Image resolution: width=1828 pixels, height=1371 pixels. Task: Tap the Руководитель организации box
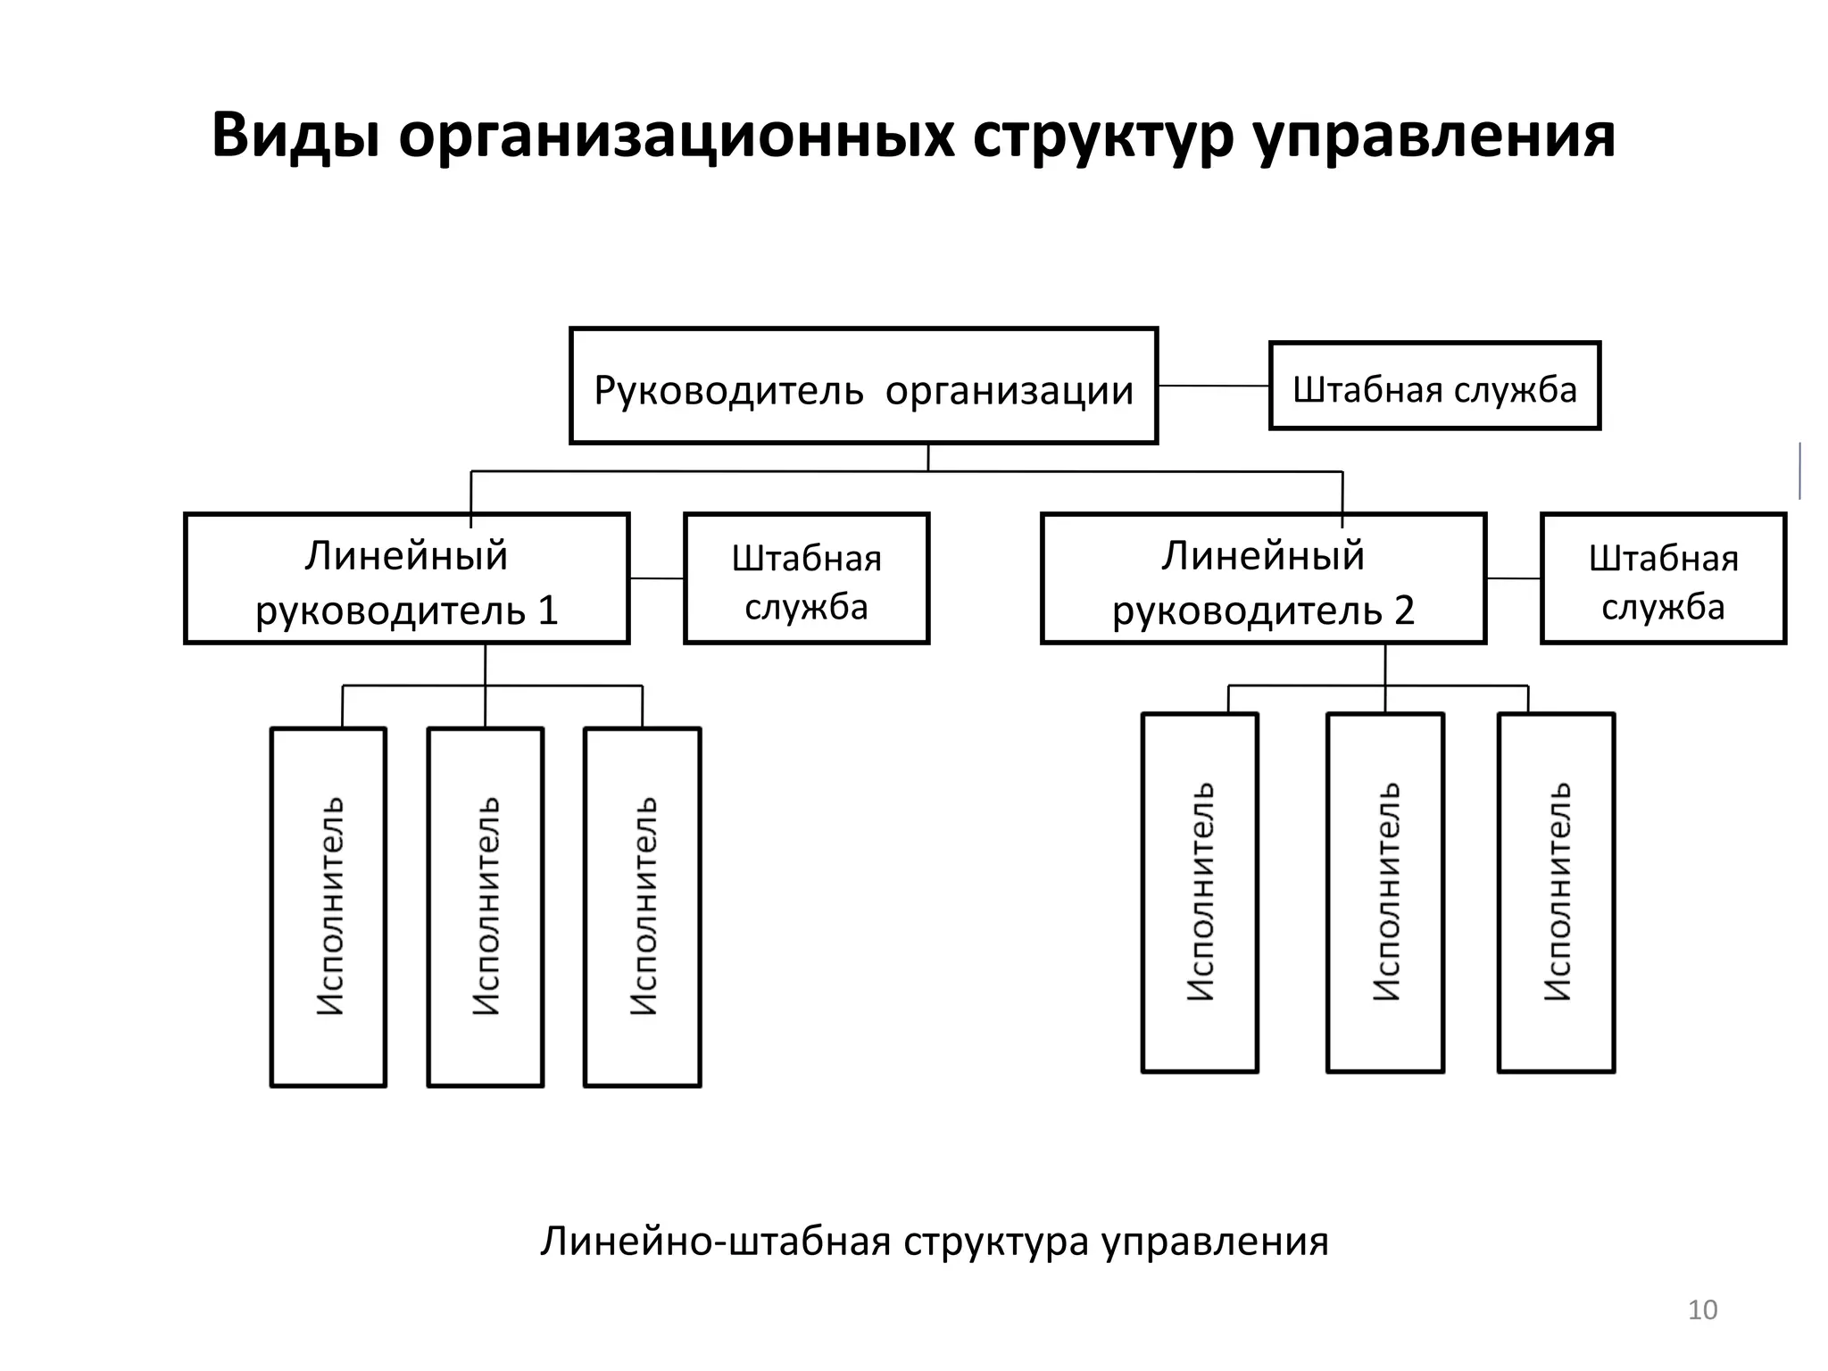tap(863, 386)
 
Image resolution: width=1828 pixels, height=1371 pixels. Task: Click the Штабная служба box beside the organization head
tap(1434, 386)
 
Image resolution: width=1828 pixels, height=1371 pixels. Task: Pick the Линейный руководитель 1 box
tap(407, 579)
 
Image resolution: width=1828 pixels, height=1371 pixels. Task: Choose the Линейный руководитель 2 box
tap(1263, 579)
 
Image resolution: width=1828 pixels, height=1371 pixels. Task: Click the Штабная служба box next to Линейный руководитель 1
tap(806, 579)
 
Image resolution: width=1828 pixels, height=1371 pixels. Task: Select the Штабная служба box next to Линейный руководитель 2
tap(1663, 579)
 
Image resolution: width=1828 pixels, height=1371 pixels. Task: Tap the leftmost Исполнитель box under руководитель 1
tap(328, 908)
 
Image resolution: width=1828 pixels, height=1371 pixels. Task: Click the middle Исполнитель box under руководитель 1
tap(486, 908)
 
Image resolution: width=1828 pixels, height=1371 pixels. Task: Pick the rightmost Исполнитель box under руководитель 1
tap(643, 908)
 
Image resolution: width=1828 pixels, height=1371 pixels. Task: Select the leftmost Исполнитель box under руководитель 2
tap(1200, 893)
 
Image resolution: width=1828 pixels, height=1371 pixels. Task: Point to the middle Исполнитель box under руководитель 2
tap(1385, 893)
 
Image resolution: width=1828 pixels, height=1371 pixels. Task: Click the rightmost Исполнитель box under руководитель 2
tap(1557, 893)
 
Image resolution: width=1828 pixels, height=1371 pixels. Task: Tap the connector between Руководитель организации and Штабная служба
tap(1214, 386)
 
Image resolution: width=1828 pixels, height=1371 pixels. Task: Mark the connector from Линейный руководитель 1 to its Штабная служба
tap(657, 579)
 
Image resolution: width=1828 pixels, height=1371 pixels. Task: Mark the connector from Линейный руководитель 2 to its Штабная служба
tap(1514, 579)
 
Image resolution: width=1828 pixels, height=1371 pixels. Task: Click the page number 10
tap(1702, 1310)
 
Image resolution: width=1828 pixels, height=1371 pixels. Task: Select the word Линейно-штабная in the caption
tap(715, 1242)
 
